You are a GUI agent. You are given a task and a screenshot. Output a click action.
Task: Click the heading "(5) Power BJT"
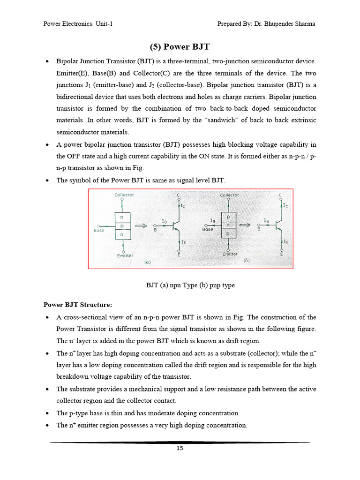(180, 47)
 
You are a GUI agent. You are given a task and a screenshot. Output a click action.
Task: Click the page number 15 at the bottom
(180, 448)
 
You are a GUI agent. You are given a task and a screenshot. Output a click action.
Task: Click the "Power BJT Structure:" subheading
(78, 305)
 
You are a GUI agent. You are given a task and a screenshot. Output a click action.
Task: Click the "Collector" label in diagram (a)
(124, 195)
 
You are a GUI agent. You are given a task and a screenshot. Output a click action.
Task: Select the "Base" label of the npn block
(99, 230)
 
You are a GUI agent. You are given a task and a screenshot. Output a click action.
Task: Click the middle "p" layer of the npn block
(122, 225)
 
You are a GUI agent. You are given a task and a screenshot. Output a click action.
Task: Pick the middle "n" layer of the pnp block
(228, 225)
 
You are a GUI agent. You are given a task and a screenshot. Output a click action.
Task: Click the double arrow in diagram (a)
(141, 225)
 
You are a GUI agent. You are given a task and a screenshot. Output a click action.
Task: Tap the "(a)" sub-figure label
(147, 263)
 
